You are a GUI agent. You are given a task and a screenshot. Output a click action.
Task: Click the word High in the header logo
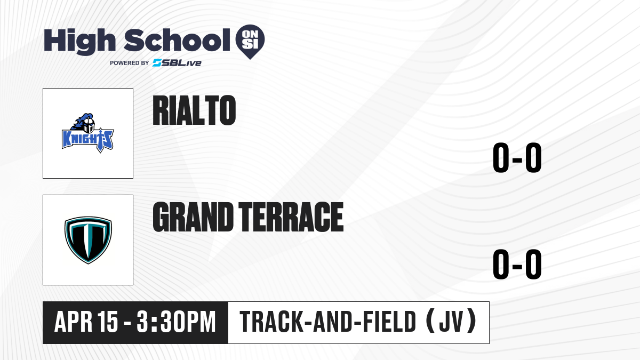(x=79, y=41)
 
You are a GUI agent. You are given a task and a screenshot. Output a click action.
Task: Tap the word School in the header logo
(x=177, y=40)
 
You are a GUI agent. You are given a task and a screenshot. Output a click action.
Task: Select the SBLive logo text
(x=177, y=63)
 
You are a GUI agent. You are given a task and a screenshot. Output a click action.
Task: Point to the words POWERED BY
(x=130, y=63)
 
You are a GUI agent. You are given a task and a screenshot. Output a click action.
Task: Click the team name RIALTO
(x=194, y=110)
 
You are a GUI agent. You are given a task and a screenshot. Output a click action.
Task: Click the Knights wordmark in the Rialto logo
(x=87, y=140)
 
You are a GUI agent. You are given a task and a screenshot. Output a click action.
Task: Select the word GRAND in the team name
(x=193, y=217)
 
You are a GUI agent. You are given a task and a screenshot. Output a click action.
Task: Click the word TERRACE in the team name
(x=291, y=217)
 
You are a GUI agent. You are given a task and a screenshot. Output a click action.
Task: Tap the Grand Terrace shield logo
(x=88, y=240)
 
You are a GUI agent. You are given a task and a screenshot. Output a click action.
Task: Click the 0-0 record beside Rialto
(x=517, y=158)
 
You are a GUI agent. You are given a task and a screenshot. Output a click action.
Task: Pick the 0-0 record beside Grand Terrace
(x=517, y=265)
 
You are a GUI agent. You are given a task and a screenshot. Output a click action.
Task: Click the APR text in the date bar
(x=74, y=322)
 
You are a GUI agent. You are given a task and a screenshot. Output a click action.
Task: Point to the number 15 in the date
(x=107, y=322)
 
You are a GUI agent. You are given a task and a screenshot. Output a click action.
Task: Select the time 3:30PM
(x=176, y=322)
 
